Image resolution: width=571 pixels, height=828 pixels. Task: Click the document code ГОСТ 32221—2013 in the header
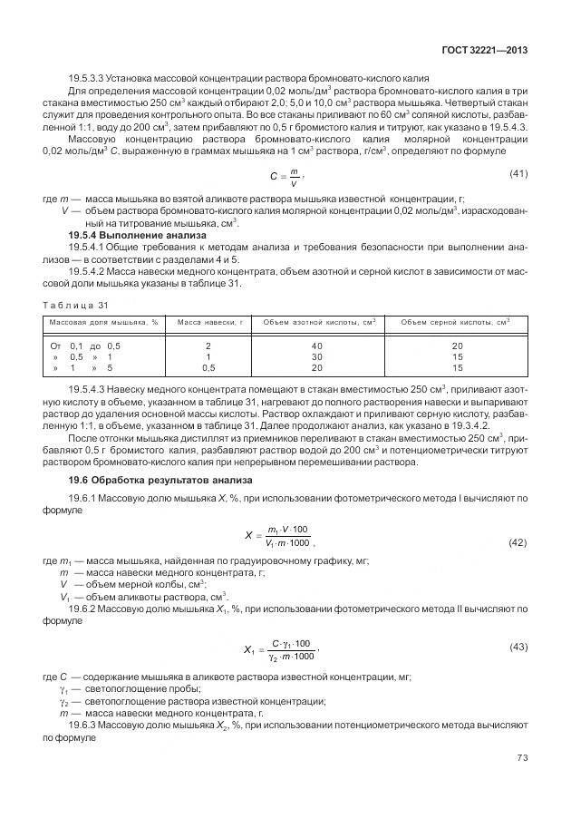coord(485,52)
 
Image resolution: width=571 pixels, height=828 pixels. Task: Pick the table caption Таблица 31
coord(76,305)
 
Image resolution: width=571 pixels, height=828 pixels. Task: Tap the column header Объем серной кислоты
coord(456,322)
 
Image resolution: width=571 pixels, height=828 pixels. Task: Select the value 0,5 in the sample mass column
coord(208,368)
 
